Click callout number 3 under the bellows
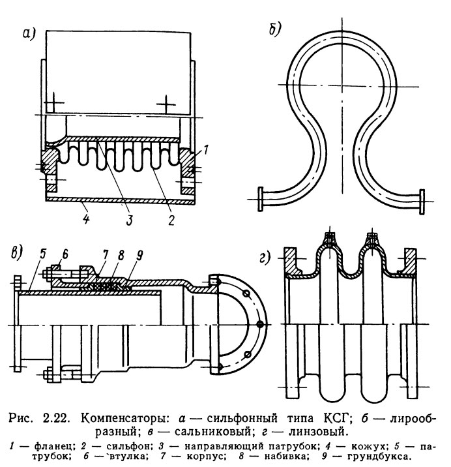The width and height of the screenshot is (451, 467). pyautogui.click(x=129, y=220)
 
